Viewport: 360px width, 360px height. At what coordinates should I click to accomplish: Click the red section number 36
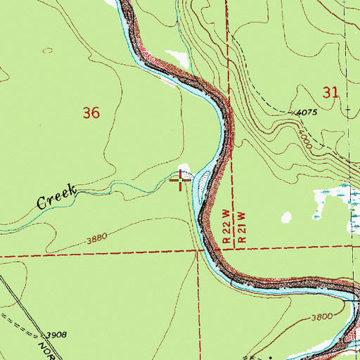91,112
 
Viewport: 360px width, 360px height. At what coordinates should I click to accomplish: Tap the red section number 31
331,91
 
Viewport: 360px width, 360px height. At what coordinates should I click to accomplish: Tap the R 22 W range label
226,225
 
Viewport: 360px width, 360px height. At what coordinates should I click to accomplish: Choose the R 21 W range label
240,225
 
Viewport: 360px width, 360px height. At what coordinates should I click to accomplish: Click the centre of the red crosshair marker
181,181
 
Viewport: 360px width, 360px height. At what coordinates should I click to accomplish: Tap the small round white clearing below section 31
286,218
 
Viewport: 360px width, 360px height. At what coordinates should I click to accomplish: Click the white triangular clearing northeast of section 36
172,56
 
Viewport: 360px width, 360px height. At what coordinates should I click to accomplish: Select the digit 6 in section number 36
96,112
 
